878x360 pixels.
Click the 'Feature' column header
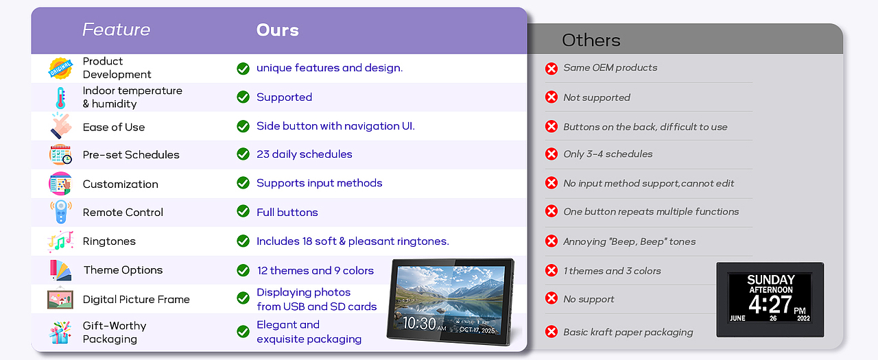pos(117,29)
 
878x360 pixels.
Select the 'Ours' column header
pos(278,30)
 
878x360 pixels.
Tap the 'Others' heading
pos(591,40)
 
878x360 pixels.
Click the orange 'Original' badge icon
pos(61,68)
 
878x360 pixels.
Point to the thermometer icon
pos(60,97)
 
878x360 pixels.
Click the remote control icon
pos(61,211)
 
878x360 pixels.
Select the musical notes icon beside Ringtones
pos(60,241)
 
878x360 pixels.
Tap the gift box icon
pos(60,332)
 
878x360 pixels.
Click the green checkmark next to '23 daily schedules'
pos(243,154)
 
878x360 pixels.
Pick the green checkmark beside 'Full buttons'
pos(243,211)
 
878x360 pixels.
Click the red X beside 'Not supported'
pos(551,97)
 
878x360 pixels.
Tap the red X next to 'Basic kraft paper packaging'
pos(551,332)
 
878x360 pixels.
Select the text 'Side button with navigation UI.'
pos(335,126)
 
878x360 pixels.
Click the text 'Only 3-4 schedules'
pos(608,154)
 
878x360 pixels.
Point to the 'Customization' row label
pos(120,184)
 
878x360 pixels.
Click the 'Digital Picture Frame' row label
pos(136,299)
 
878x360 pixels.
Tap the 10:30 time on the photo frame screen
pos(419,324)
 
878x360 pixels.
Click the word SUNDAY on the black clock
pos(770,280)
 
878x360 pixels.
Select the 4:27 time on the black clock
pos(770,304)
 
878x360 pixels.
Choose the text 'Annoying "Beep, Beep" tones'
pos(630,241)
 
